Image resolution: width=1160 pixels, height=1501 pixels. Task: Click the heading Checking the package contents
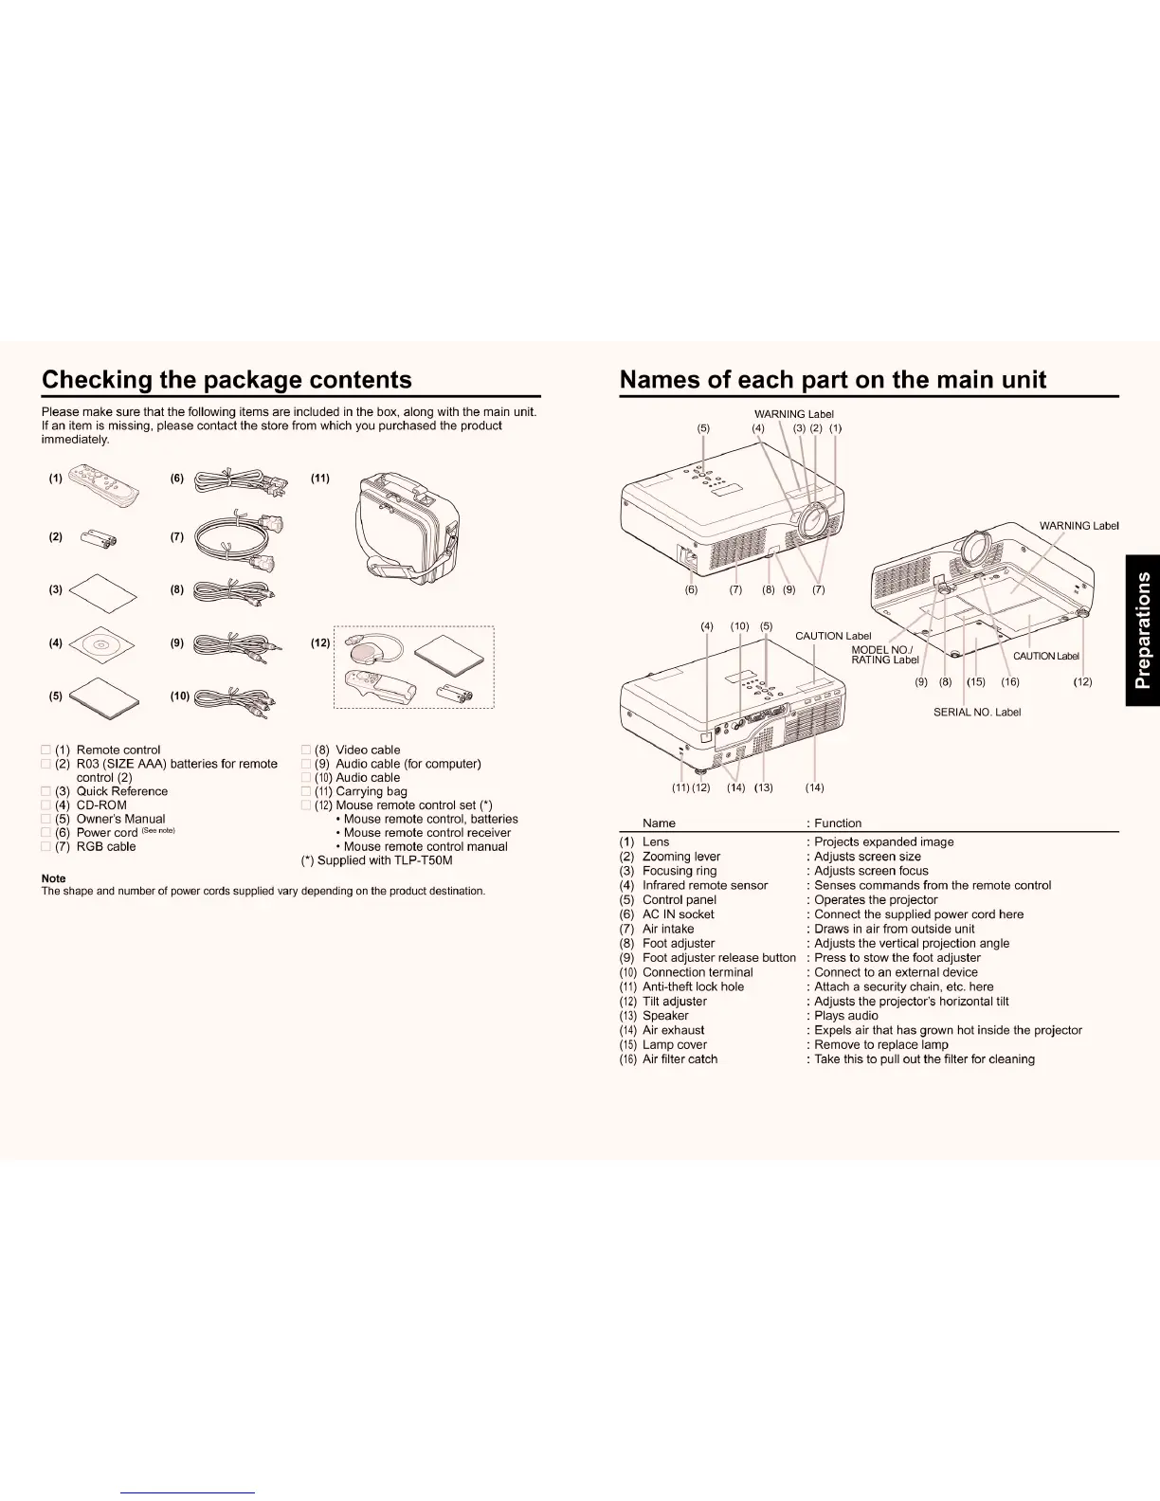tap(227, 380)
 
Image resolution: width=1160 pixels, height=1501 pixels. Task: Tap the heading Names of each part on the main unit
tap(832, 380)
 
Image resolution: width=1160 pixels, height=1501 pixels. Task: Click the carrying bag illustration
tap(408, 531)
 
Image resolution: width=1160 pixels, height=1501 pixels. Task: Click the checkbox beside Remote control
tap(46, 750)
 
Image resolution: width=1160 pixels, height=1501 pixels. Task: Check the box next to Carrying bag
tap(306, 791)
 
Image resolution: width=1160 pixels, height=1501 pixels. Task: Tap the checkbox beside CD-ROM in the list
tap(46, 805)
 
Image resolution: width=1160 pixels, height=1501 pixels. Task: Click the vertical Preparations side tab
tap(1143, 630)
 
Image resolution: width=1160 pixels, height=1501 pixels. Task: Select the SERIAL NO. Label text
tap(976, 712)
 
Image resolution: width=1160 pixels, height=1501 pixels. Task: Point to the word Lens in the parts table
tap(656, 841)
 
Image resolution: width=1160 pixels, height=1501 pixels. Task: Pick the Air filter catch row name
tap(680, 1059)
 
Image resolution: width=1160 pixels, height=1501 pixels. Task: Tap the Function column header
tap(838, 823)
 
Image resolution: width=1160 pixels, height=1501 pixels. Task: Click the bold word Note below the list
tap(54, 878)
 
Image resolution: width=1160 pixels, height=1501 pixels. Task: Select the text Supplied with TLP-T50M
tap(384, 860)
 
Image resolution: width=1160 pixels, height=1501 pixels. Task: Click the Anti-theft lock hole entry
tap(693, 986)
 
